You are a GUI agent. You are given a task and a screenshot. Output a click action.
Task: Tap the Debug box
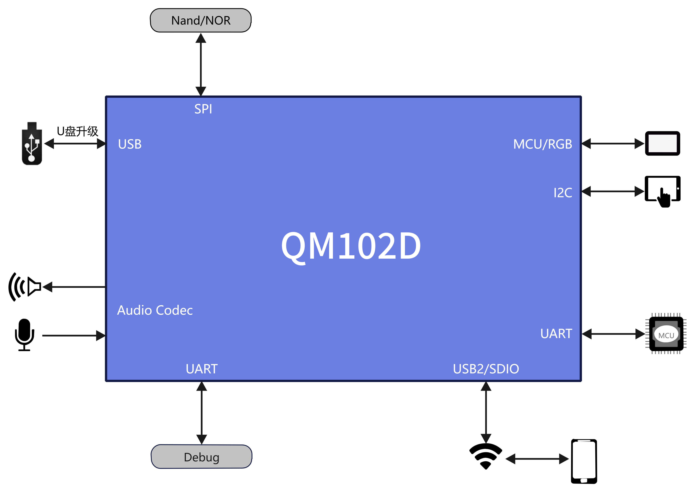click(x=201, y=457)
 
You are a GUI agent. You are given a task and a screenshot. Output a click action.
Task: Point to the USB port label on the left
click(x=130, y=144)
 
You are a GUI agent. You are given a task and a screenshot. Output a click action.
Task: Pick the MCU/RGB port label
click(x=542, y=144)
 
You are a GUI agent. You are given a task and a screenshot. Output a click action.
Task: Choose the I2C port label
click(x=562, y=193)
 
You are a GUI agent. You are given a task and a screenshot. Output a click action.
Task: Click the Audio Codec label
click(x=155, y=310)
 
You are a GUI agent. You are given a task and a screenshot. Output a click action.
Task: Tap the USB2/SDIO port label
click(x=486, y=369)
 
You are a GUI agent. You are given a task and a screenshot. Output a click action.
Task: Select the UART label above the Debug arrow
click(x=202, y=369)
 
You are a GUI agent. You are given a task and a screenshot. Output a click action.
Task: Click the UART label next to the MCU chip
click(x=556, y=334)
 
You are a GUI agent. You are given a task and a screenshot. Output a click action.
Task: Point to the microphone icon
click(x=24, y=335)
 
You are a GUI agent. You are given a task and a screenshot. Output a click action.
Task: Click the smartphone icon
click(x=584, y=461)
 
